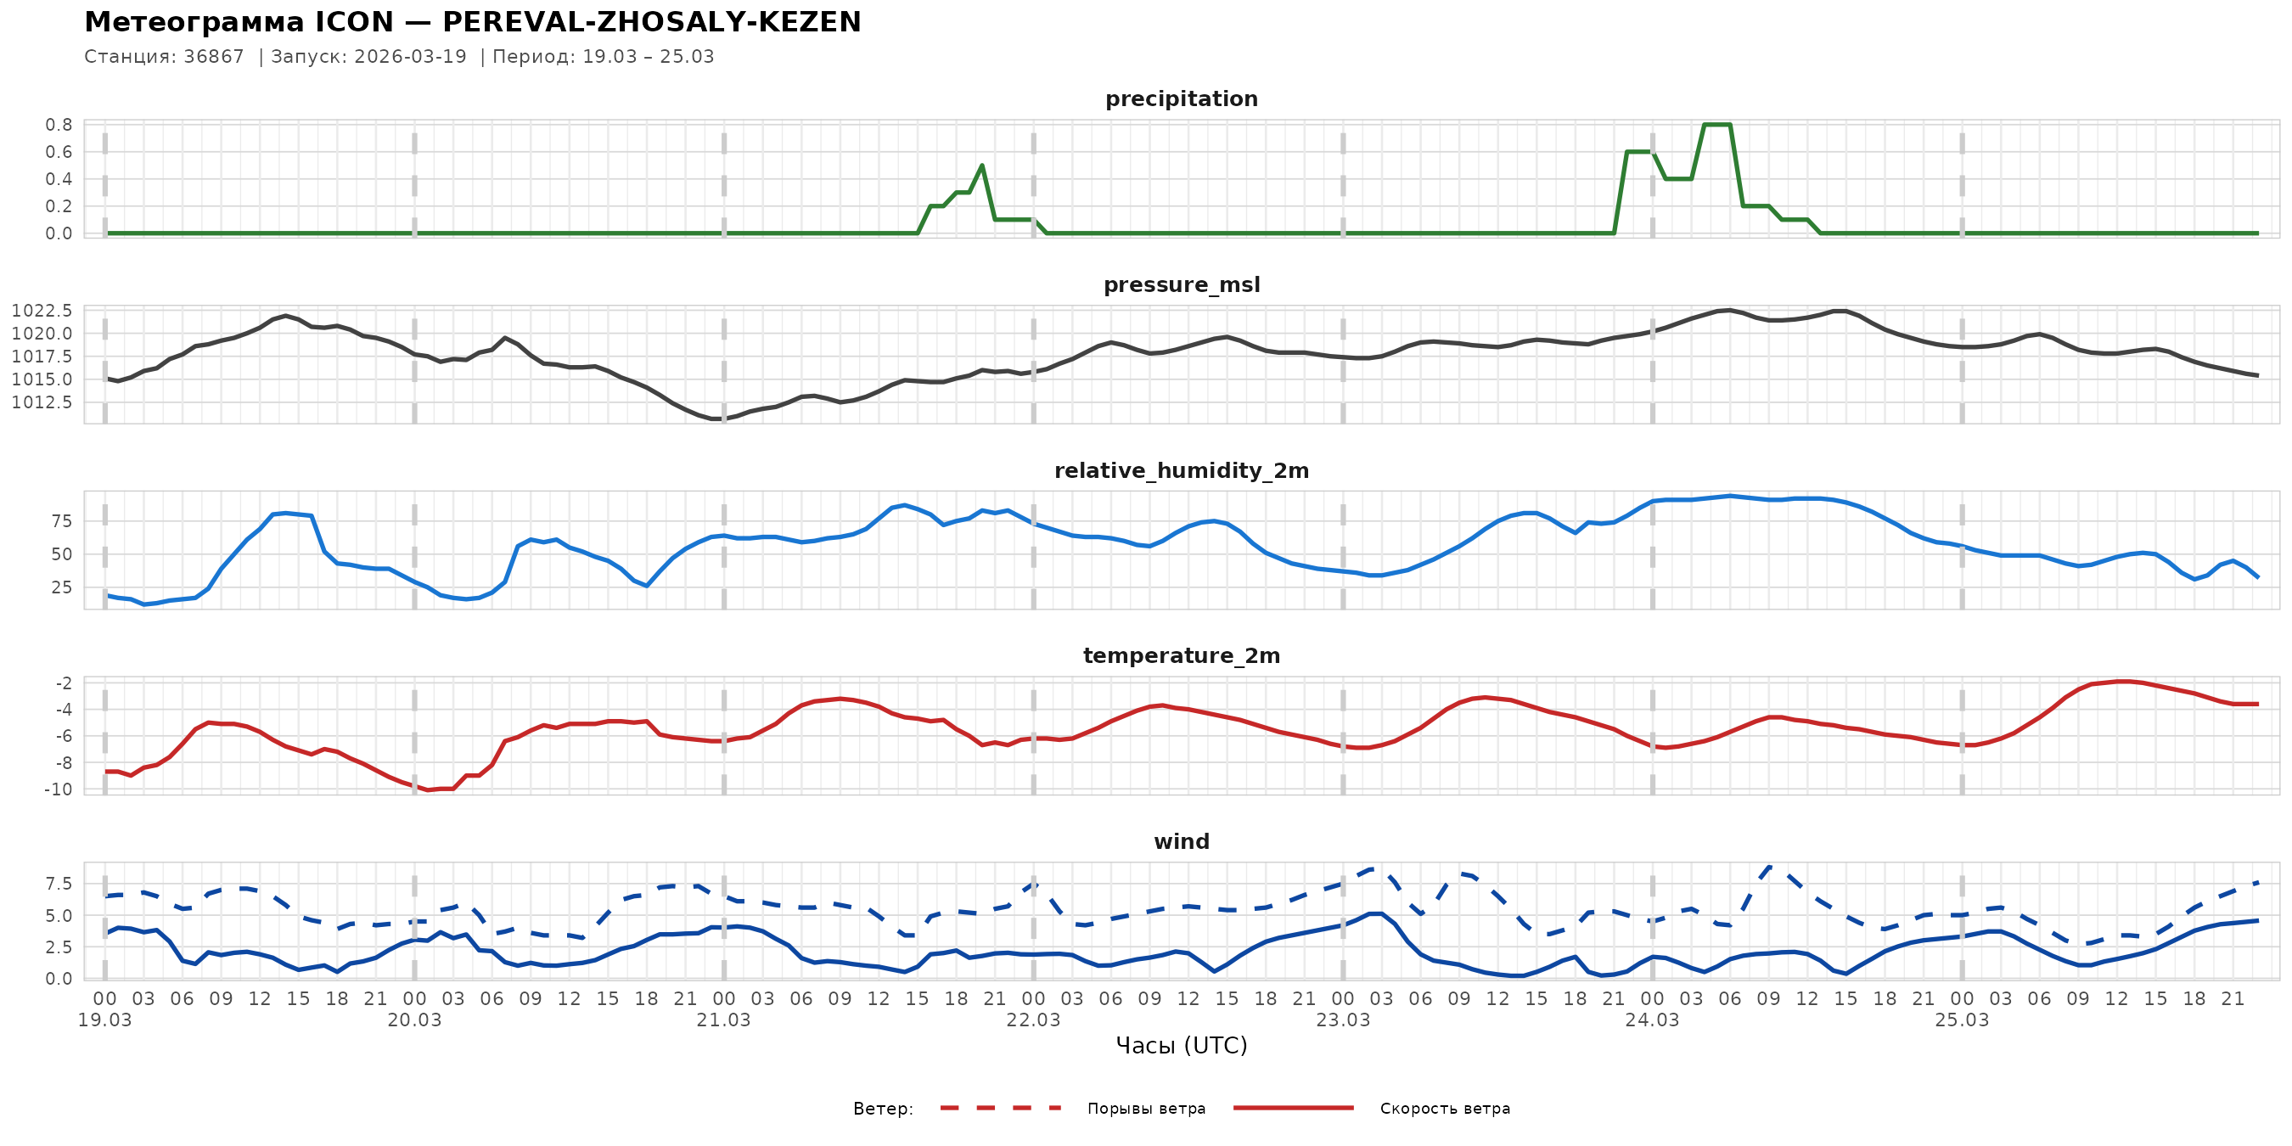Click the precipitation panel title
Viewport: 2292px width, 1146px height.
coord(1181,98)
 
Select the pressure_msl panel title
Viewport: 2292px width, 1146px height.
coord(1181,284)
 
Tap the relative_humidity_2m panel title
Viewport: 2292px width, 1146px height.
coord(1181,470)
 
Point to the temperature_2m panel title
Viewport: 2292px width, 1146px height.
coord(1181,655)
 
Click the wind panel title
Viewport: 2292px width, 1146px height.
coord(1181,842)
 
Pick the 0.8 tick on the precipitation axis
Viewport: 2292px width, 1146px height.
coord(59,125)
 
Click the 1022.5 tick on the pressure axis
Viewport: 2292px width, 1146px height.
coord(42,311)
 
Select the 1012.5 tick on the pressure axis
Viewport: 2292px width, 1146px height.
coord(42,402)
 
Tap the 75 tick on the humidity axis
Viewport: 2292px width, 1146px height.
coord(61,521)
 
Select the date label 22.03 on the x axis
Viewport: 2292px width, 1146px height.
coord(1033,1020)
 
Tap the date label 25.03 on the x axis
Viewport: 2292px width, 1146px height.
coord(1962,1020)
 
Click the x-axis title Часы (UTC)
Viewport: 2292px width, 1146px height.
coord(1181,1046)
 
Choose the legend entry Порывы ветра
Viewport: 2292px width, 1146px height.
coord(1146,1109)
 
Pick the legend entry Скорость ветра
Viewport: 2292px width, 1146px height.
coord(1444,1109)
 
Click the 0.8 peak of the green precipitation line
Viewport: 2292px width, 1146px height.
coord(1716,125)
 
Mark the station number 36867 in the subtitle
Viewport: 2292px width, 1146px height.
coord(214,57)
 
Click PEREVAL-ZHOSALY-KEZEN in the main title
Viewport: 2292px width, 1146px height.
coord(651,22)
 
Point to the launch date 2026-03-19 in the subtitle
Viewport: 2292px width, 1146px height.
coord(410,57)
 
